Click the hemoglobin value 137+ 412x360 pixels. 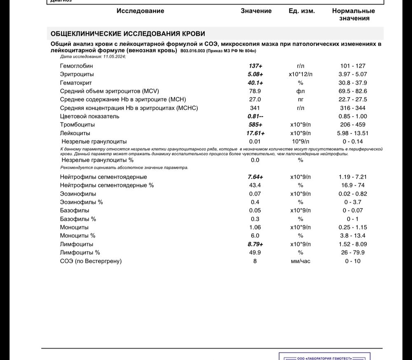pyautogui.click(x=255, y=66)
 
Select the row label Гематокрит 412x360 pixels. pyautogui.click(x=76, y=83)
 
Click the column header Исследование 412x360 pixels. pyautogui.click(x=140, y=11)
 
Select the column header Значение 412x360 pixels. pyautogui.click(x=256, y=11)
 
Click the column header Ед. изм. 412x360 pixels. pyautogui.click(x=302, y=11)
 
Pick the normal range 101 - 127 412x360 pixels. pyautogui.click(x=353, y=66)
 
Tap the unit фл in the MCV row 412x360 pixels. pyautogui.click(x=300, y=91)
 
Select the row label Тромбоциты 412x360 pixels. pyautogui.click(x=77, y=125)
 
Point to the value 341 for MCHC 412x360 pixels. pyautogui.click(x=255, y=108)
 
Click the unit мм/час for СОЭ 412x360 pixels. pyautogui.click(x=300, y=261)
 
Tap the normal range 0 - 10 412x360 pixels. pyautogui.click(x=353, y=261)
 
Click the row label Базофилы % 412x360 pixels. pyautogui.click(x=78, y=219)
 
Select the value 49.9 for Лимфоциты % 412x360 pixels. pyautogui.click(x=255, y=252)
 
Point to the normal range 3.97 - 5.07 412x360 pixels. pyautogui.click(x=353, y=75)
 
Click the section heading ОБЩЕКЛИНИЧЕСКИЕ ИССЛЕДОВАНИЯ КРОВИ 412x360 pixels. pyautogui.click(x=128, y=34)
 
